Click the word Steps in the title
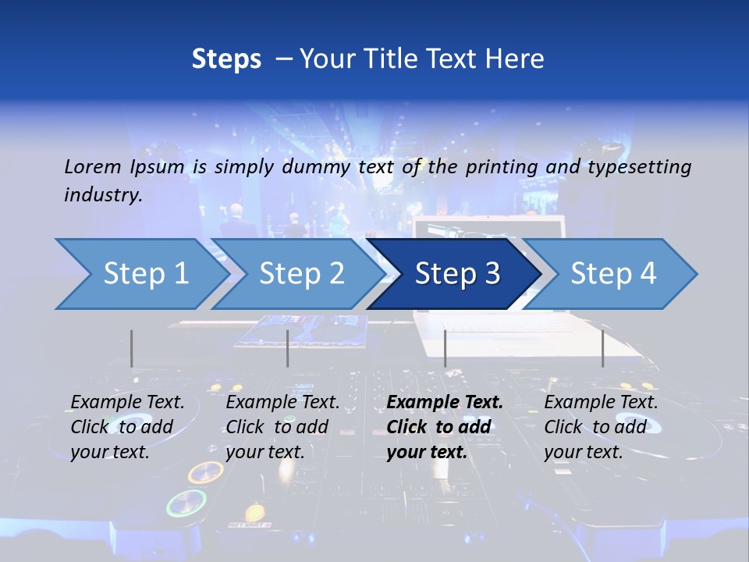(x=226, y=59)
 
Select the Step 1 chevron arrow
(x=145, y=274)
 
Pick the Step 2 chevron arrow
(x=301, y=274)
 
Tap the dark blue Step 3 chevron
(x=457, y=274)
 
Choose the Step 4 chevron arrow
(x=613, y=274)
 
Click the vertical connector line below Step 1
(x=131, y=348)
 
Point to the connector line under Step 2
(x=287, y=348)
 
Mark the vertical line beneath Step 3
(x=445, y=348)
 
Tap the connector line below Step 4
(x=602, y=348)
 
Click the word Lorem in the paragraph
(x=93, y=166)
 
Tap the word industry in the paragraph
(x=102, y=194)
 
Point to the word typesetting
(x=641, y=166)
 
